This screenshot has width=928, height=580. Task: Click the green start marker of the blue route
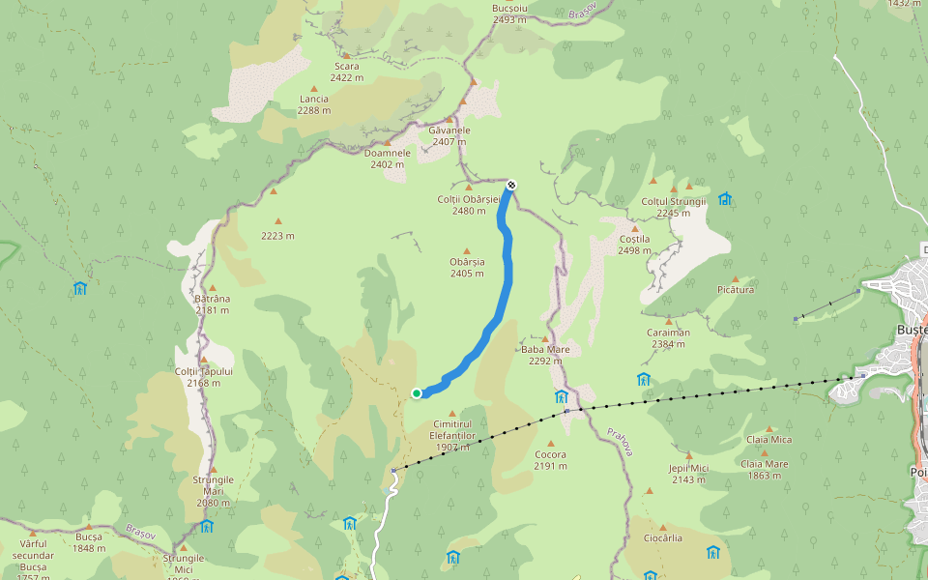pos(417,392)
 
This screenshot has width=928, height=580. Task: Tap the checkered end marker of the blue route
pos(511,185)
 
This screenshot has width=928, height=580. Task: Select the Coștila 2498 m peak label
pos(634,245)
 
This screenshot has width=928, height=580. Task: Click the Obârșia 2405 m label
pos(467,268)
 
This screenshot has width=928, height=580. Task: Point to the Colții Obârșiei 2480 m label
pos(469,205)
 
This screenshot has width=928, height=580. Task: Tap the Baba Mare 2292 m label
pos(545,355)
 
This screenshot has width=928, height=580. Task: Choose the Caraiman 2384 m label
pos(668,337)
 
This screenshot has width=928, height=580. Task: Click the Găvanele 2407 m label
pos(449,135)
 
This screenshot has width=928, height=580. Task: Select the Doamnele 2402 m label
pos(387,159)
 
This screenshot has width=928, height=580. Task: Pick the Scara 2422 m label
pos(346,72)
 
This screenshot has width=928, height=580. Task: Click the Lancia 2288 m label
pos(313,104)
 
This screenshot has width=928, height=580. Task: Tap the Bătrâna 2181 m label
pos(212,304)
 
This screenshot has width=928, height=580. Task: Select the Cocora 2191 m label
pos(550,460)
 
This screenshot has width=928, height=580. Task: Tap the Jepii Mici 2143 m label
pos(688,473)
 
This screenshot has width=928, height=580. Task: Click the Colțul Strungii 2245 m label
pos(674,207)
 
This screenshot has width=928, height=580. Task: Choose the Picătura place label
pos(737,290)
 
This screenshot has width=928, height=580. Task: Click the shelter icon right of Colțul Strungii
pos(725,199)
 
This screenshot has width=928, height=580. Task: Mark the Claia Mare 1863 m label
pos(764,469)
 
